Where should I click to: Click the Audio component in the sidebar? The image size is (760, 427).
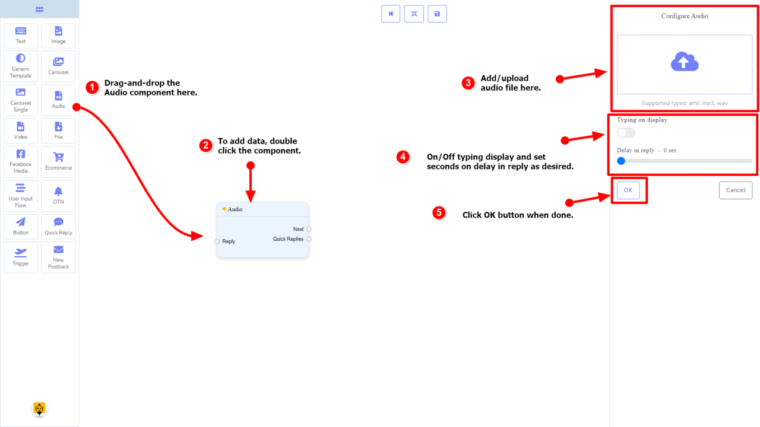click(x=58, y=100)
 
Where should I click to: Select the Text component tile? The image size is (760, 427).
click(x=21, y=36)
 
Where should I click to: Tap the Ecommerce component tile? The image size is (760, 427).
click(x=58, y=161)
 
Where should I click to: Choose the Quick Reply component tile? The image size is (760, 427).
click(x=58, y=226)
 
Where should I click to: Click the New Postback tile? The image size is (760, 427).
click(x=58, y=257)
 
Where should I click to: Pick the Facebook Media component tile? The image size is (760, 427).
click(x=21, y=161)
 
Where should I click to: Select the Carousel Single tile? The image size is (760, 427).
click(x=21, y=100)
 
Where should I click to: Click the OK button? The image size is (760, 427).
click(x=628, y=190)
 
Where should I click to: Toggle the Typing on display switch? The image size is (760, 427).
click(x=626, y=133)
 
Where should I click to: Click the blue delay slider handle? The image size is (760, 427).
click(x=621, y=161)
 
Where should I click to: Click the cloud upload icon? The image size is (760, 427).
click(x=685, y=62)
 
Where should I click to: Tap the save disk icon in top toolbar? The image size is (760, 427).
click(x=437, y=14)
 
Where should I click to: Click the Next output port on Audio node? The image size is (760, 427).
click(x=309, y=229)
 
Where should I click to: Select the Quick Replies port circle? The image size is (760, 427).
click(x=309, y=239)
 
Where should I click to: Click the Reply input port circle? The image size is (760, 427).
click(x=217, y=241)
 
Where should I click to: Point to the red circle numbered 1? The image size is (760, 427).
click(x=92, y=88)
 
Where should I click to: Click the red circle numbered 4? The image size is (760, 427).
click(x=403, y=157)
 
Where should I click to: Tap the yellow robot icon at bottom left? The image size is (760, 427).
click(x=39, y=409)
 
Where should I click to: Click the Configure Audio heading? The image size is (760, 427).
click(x=685, y=16)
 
